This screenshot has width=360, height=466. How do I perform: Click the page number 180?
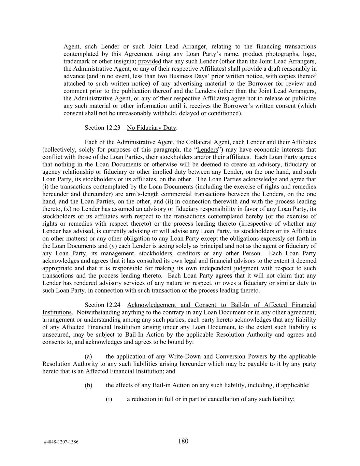183,441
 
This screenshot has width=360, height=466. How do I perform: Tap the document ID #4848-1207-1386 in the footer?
61,442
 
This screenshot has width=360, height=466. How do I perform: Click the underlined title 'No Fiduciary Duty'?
152,128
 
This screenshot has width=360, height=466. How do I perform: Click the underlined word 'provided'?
149,61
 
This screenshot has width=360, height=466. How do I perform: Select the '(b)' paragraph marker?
88,385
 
